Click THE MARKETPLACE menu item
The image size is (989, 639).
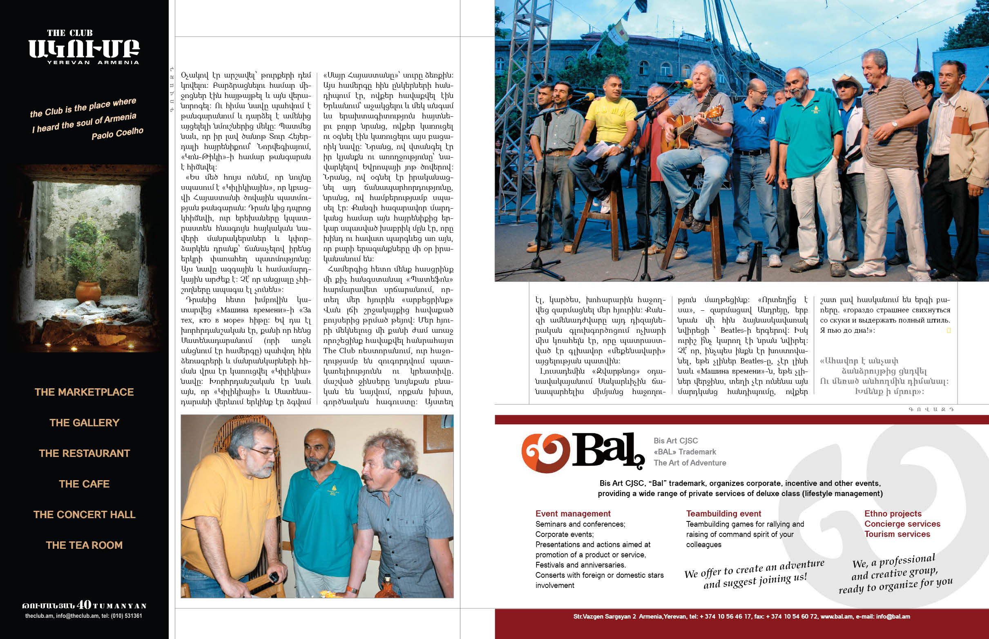pos(84,392)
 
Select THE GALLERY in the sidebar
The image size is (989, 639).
pos(84,423)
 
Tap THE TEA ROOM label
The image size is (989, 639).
pos(84,545)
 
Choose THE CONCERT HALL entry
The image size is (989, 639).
pos(84,514)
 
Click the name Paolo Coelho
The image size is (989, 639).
pos(118,134)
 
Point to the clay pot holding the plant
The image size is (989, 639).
pos(88,291)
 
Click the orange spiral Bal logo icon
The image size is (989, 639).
pos(545,453)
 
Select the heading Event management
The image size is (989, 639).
pos(573,514)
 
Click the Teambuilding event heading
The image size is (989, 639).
pos(723,514)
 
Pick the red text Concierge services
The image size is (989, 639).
pos(902,524)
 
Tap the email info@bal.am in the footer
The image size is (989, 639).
pos(893,617)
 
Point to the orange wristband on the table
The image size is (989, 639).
pos(352,589)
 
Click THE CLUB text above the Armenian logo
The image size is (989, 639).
pos(70,33)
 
